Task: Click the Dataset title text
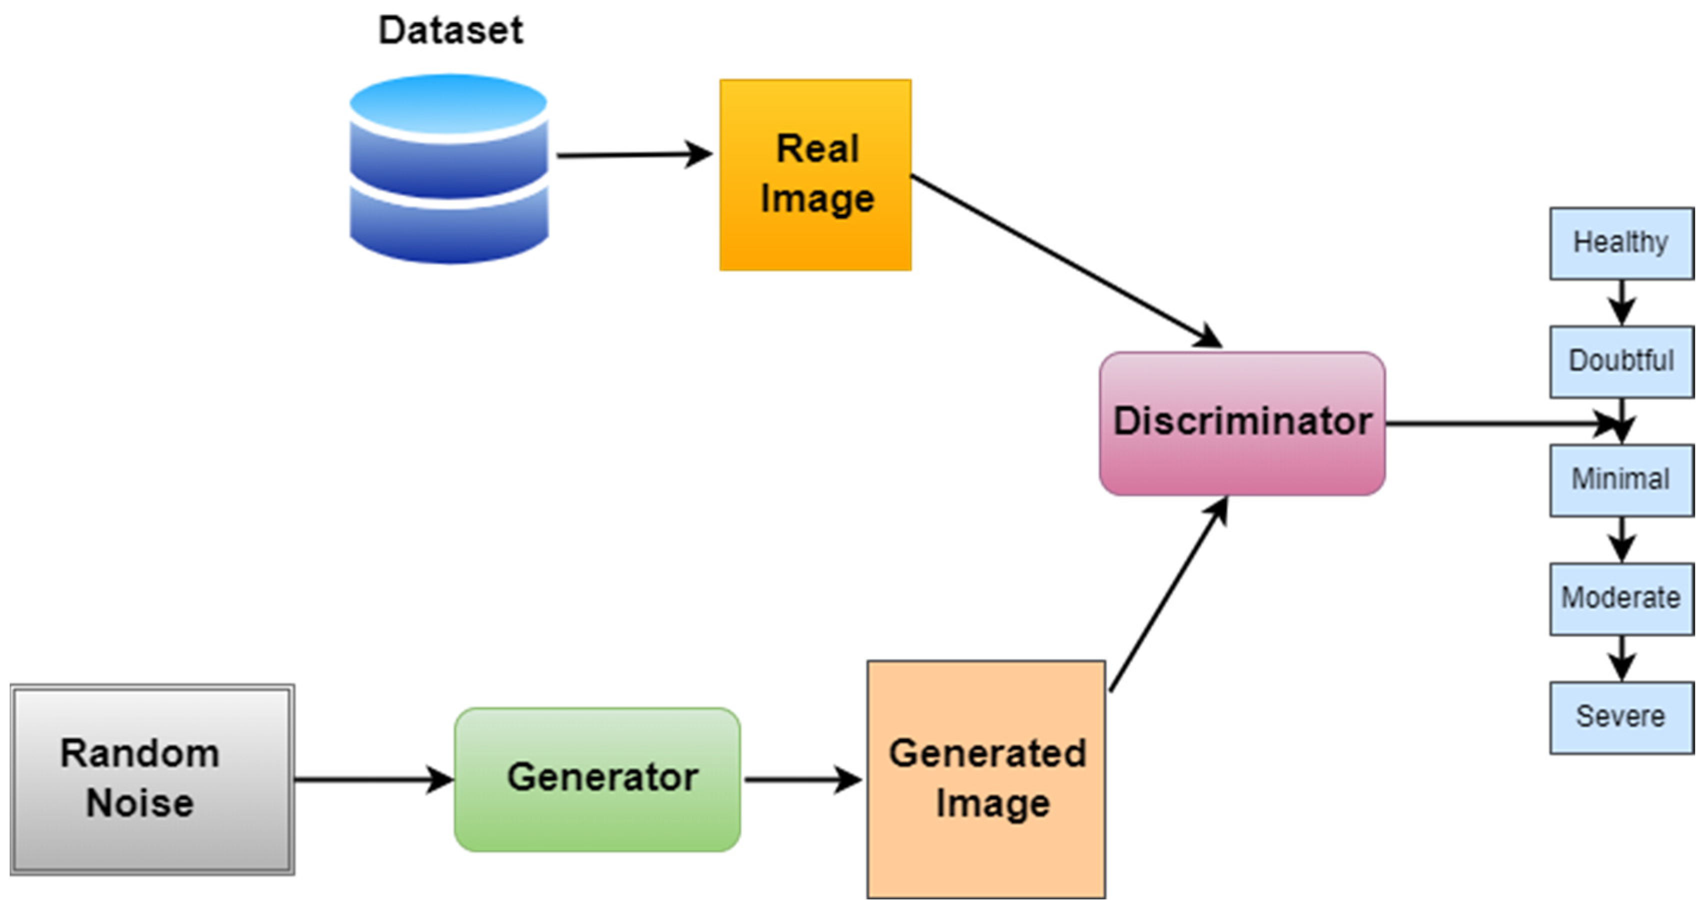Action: pyautogui.click(x=450, y=30)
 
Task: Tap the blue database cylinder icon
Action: pyautogui.click(x=448, y=168)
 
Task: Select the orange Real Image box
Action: pyautogui.click(x=815, y=174)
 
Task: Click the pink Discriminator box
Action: pyautogui.click(x=1241, y=423)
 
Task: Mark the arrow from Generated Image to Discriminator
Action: pyautogui.click(x=1167, y=595)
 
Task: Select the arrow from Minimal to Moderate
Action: pyautogui.click(x=1621, y=538)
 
